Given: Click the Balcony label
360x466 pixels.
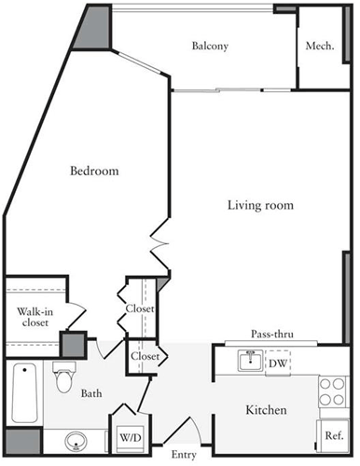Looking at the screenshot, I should (x=210, y=46).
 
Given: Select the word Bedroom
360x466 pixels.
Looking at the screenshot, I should (x=96, y=171).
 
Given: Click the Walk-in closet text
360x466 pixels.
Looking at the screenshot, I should (x=35, y=318).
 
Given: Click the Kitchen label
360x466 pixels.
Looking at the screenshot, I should (x=266, y=411).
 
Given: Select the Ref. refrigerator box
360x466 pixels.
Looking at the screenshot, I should (x=332, y=434).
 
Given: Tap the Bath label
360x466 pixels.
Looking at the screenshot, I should (x=91, y=394).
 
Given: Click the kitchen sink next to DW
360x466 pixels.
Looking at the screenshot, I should (x=248, y=361).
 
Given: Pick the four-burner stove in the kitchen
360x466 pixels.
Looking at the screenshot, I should (x=333, y=391).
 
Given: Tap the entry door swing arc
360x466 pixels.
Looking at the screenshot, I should (x=194, y=432).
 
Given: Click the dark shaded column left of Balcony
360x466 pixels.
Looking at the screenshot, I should (x=95, y=34).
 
